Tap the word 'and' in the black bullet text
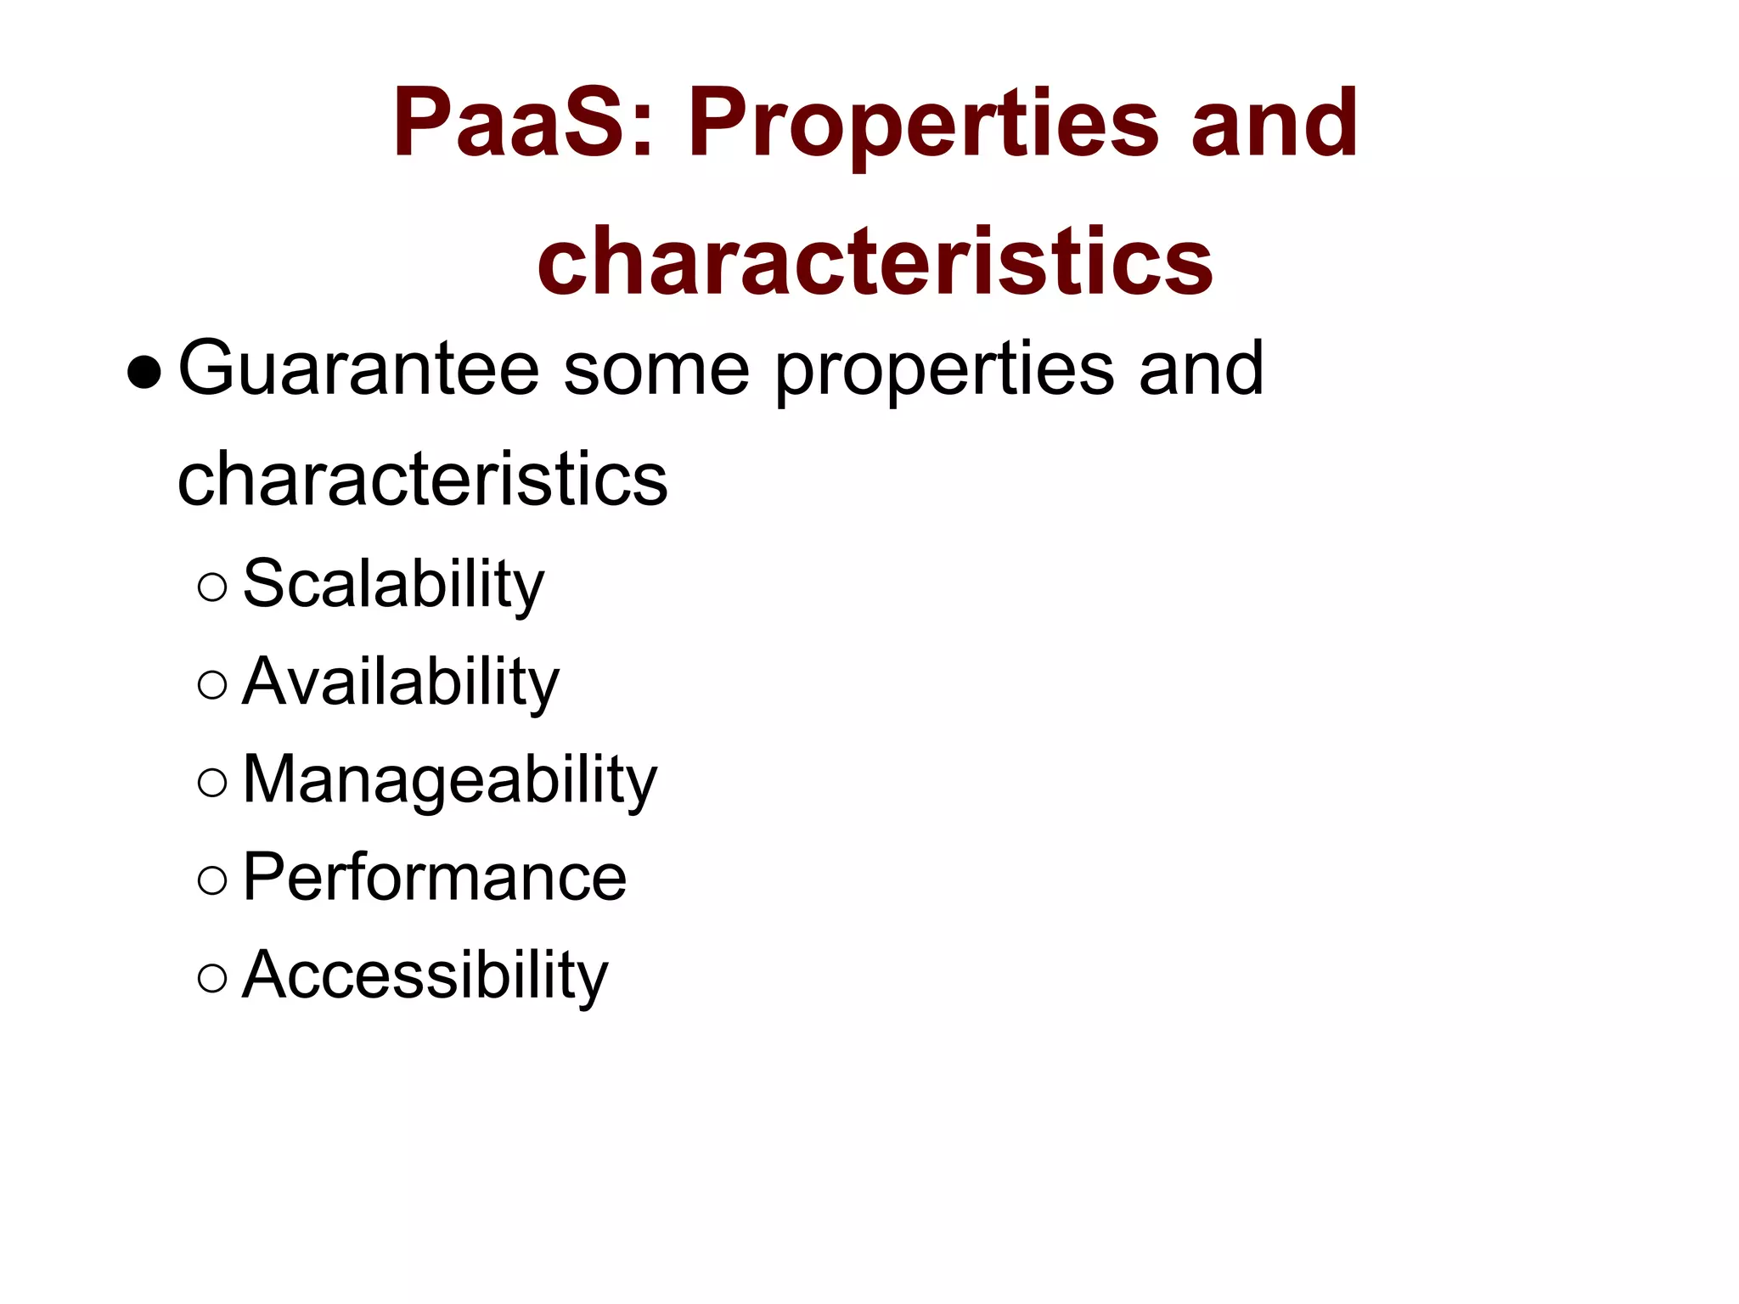tap(1201, 368)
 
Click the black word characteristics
tap(422, 479)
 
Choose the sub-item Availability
tap(400, 683)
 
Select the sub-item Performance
tap(434, 878)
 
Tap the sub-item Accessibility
tap(425, 975)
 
